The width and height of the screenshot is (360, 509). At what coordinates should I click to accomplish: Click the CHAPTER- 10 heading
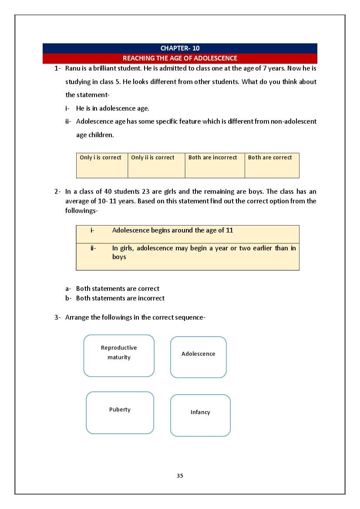180,48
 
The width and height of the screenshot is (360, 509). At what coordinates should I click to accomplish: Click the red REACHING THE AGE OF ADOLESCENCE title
180,58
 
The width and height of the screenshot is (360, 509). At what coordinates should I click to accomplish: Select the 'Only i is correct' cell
102,165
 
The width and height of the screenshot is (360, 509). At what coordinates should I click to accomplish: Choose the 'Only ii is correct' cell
156,165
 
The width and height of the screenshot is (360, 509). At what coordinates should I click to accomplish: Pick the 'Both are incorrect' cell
215,165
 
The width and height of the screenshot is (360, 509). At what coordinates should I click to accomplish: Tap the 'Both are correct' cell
272,165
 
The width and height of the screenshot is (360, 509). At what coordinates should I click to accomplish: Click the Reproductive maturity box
119,355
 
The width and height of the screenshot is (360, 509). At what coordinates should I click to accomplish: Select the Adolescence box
198,357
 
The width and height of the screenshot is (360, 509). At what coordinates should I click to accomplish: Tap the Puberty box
120,412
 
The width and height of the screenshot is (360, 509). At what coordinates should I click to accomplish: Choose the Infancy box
200,415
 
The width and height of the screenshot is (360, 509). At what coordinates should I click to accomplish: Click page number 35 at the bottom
180,475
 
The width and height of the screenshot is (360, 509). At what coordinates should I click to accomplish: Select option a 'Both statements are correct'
118,289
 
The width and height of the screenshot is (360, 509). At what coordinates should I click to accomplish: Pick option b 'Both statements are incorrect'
120,298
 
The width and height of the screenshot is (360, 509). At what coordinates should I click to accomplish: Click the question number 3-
58,317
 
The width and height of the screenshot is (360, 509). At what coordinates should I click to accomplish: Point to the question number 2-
58,192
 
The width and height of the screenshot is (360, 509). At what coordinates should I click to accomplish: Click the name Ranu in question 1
73,69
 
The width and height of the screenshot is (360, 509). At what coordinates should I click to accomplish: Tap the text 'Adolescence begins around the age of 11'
172,230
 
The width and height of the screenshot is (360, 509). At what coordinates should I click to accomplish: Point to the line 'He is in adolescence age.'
112,108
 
